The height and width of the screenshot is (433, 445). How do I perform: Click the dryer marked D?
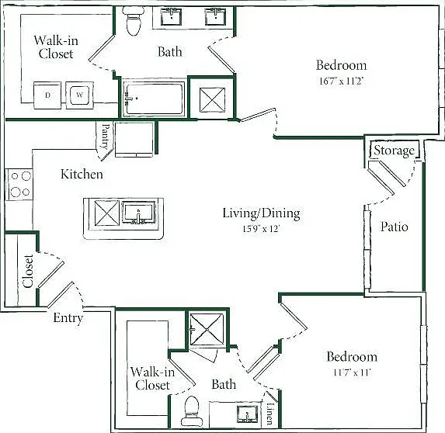[x=47, y=95]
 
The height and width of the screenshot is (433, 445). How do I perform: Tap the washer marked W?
[x=79, y=95]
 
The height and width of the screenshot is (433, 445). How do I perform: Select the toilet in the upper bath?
[x=133, y=20]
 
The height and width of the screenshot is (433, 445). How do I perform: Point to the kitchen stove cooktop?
[x=19, y=185]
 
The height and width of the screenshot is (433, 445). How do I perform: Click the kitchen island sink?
[x=139, y=213]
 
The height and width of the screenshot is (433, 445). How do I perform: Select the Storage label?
[x=395, y=151]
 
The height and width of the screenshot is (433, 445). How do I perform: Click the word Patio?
[x=395, y=227]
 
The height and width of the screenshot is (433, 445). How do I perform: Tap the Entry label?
[x=68, y=318]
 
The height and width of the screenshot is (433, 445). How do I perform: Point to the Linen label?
[x=270, y=414]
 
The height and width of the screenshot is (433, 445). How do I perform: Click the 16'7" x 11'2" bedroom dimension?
[x=342, y=81]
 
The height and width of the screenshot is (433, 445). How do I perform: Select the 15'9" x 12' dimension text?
[x=261, y=229]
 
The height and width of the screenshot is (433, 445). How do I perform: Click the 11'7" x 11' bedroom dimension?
[x=353, y=372]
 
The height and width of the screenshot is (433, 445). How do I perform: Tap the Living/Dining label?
[x=261, y=213]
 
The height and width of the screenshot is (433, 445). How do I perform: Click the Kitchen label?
[x=82, y=174]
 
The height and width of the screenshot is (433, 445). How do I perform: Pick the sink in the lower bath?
[x=247, y=414]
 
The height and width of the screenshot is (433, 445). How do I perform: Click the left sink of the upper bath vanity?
[x=171, y=16]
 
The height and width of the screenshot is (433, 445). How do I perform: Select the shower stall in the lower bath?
[x=207, y=329]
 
